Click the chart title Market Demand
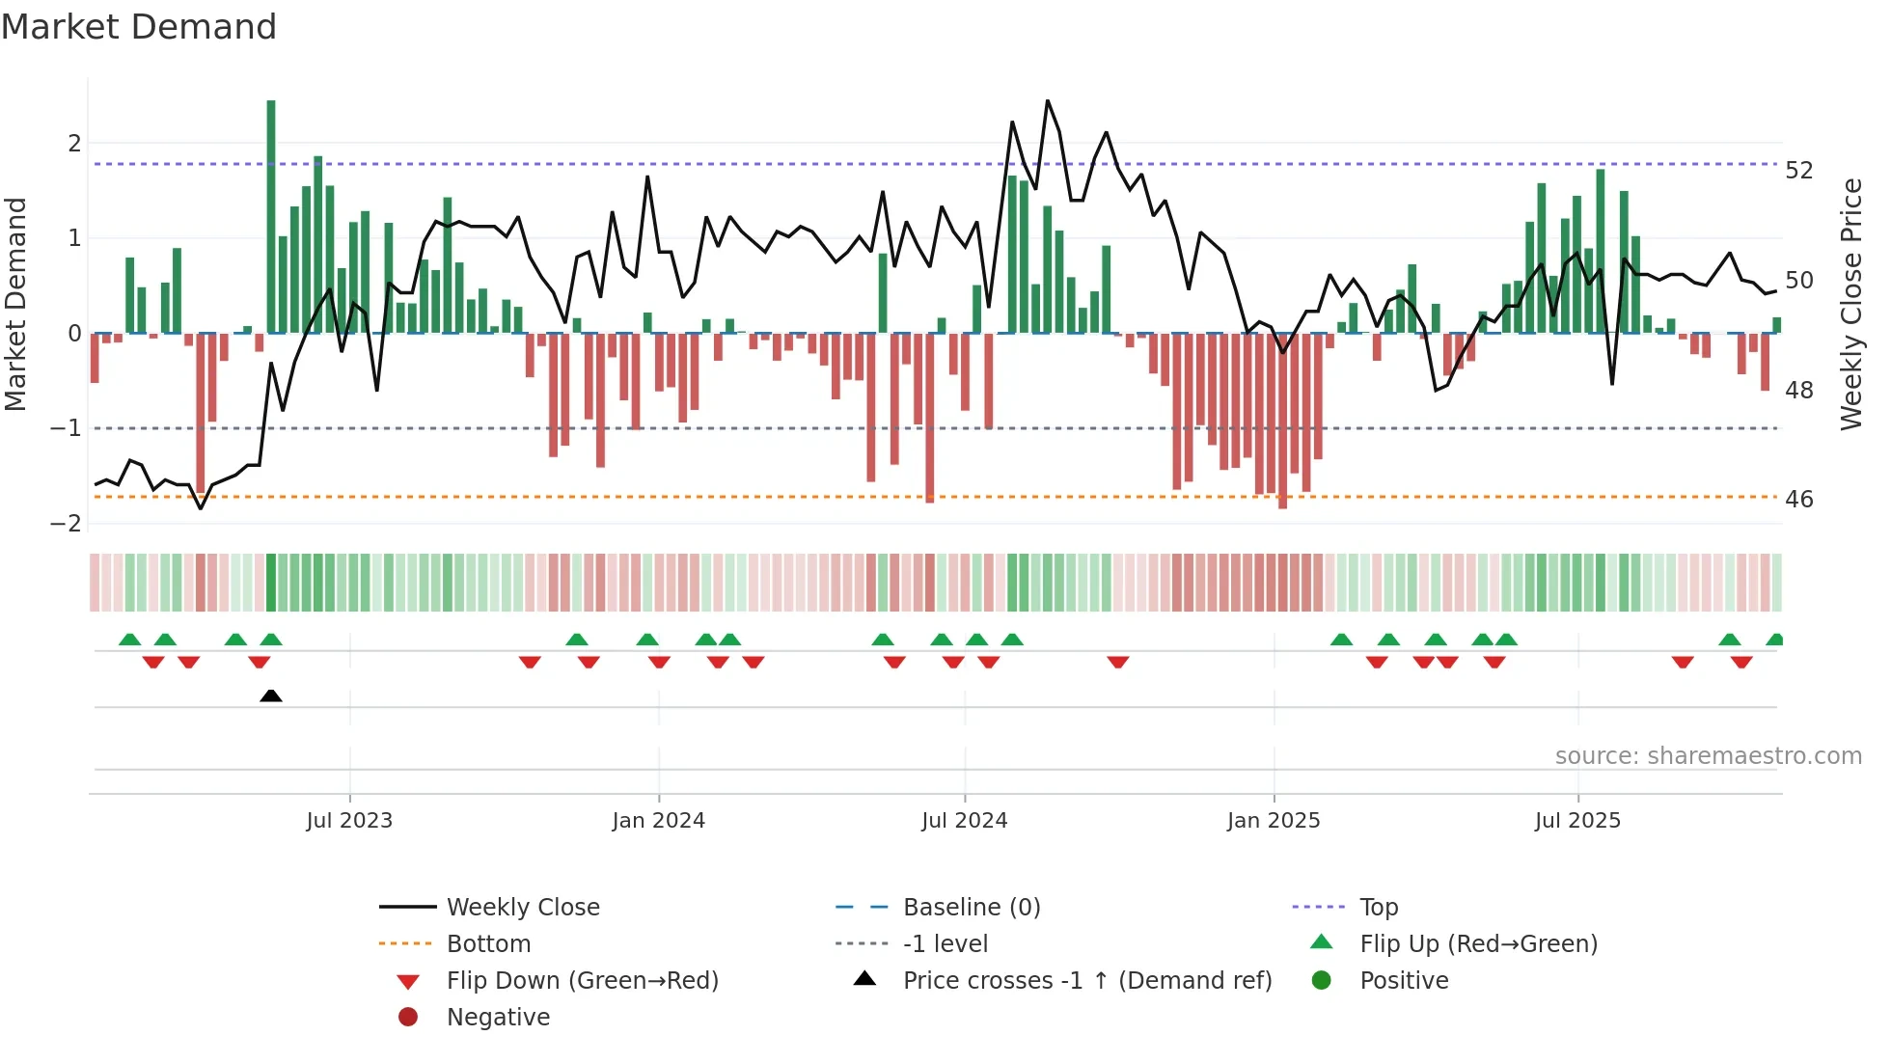point(139,27)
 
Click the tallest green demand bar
point(271,217)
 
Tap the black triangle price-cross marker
point(271,695)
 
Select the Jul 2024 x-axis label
point(964,821)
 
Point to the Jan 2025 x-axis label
point(1273,821)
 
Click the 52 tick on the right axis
point(1798,171)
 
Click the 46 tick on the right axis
point(1798,500)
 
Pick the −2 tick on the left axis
point(67,524)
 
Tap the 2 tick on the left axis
point(74,144)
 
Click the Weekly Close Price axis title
point(1850,304)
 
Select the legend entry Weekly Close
point(522,908)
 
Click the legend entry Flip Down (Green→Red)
point(582,981)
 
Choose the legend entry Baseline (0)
point(971,908)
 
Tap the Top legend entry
point(1378,908)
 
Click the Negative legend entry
point(498,1018)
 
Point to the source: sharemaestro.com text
point(1708,756)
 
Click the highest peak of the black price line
point(1048,101)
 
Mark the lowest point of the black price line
point(201,508)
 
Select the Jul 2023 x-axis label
point(349,821)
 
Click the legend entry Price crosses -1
point(1086,981)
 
